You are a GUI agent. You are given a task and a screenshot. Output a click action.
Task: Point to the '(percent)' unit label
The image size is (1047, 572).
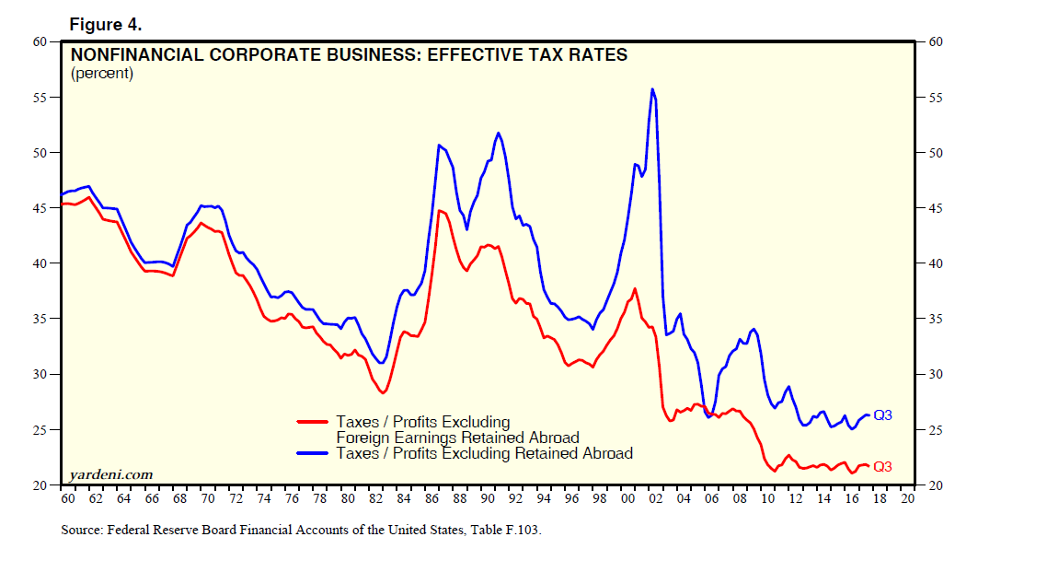[x=102, y=74]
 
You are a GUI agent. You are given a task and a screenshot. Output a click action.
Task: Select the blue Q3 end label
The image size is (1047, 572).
[x=883, y=415]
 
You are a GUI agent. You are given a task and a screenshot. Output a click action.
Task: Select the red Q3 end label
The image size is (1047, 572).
[x=883, y=466]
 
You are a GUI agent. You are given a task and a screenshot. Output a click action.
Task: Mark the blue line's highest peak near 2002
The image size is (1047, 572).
[x=652, y=89]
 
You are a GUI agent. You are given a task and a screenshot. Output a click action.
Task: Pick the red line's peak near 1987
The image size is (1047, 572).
[x=440, y=211]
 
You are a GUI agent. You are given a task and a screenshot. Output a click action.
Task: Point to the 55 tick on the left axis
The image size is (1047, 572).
[x=40, y=98]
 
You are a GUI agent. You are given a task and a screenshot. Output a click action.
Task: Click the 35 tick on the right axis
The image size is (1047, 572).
[x=935, y=319]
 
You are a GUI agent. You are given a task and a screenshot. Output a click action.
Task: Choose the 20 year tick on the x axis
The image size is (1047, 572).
[x=908, y=498]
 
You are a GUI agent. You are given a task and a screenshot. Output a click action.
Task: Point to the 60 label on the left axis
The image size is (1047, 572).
[x=40, y=41]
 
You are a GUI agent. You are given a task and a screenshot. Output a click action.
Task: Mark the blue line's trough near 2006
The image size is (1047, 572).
[x=708, y=417]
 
